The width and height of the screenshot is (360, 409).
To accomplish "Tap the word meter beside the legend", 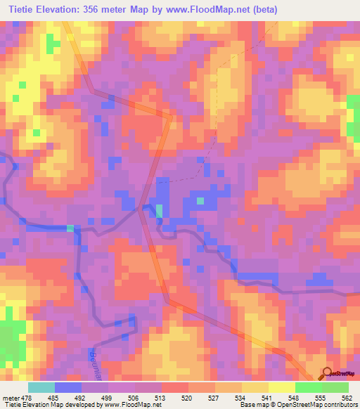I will pyautogui.click(x=10, y=397).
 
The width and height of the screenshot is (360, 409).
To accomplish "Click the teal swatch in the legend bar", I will pyautogui.click(x=41, y=387).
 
